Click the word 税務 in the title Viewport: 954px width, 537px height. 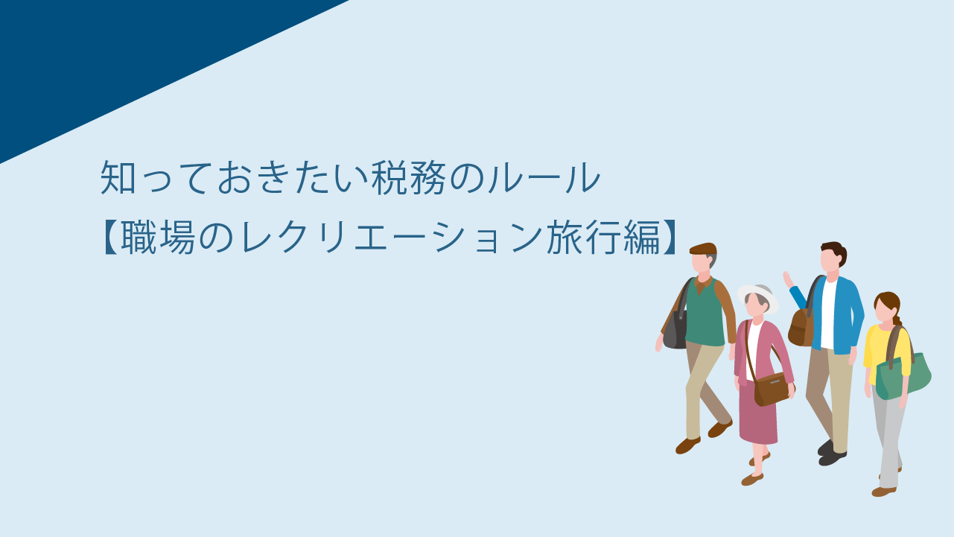[x=408, y=177]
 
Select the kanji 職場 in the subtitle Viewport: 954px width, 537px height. [x=158, y=238]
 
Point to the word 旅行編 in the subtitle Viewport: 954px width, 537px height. [x=603, y=238]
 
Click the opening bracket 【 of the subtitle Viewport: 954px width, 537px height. [x=109, y=238]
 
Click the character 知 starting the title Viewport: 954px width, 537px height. [x=118, y=177]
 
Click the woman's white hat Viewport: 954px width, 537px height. [x=757, y=295]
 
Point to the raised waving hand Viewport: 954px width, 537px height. [x=788, y=279]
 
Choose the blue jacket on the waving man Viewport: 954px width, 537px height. [x=841, y=315]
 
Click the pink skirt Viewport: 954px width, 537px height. [x=758, y=414]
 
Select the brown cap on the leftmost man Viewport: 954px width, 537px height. [x=703, y=249]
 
